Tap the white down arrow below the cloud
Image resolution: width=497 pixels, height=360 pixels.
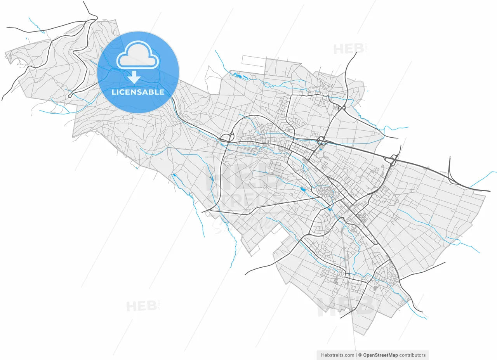coord(134,77)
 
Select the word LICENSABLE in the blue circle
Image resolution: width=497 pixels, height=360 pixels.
coord(138,92)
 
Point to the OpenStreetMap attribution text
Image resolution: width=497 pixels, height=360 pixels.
coord(380,355)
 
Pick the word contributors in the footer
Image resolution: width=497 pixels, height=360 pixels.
coord(412,355)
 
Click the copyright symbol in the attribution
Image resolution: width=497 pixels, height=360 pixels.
coord(360,355)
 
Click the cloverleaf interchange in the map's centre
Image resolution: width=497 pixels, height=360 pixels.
coord(321,140)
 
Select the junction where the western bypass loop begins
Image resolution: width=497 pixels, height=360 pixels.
coord(226,137)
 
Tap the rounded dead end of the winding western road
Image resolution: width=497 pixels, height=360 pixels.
coord(70,96)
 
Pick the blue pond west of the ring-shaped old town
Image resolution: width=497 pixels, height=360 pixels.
coord(302,189)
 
